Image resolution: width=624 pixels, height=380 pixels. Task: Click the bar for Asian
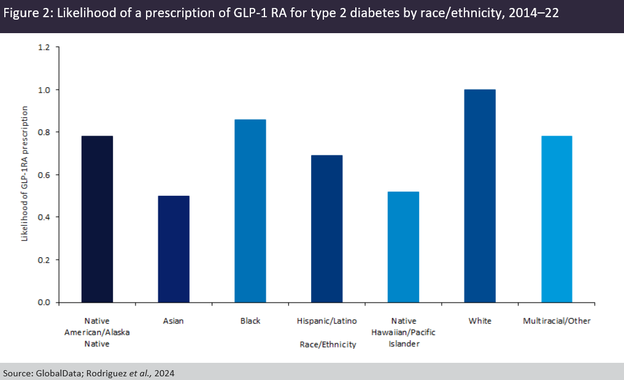tap(174, 249)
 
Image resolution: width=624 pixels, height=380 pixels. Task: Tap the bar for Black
tap(250, 211)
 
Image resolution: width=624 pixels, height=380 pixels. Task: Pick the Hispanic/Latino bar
tap(327, 228)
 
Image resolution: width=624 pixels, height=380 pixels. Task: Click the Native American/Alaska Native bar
tap(97, 219)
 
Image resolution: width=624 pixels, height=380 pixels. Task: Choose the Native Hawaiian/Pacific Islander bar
tap(403, 247)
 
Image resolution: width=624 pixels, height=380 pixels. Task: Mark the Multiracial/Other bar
tap(557, 219)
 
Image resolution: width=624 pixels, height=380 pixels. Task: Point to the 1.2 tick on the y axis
tap(45, 47)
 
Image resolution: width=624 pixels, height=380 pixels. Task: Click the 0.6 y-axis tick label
tap(45, 175)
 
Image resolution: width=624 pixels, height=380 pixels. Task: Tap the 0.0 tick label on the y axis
tap(45, 302)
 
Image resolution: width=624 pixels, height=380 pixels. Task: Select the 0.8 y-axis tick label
tap(45, 132)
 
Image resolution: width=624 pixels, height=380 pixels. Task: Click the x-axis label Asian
tap(174, 321)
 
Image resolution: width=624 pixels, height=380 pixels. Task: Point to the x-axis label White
tap(480, 321)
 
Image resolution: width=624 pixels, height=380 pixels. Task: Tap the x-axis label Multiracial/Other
tap(557, 321)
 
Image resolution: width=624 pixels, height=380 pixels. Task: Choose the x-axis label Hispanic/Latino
tap(327, 321)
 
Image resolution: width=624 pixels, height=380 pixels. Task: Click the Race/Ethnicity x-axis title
tap(327, 344)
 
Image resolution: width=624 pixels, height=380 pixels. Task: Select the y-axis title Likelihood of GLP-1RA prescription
tap(25, 173)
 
